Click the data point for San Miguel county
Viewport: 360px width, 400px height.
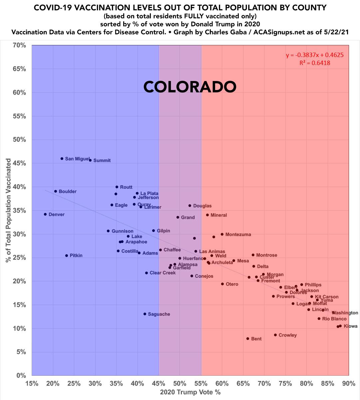pos(62,159)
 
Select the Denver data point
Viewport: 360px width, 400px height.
pos(45,214)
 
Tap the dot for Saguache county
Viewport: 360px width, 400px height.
pos(145,314)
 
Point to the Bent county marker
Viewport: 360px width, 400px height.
pos(248,339)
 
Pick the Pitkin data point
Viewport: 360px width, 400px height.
pos(67,256)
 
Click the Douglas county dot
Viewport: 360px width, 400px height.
pos(190,206)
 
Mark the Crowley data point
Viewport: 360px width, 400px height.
pos(275,335)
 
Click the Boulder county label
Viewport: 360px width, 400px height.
pos(68,192)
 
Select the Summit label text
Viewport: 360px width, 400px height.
pos(102,160)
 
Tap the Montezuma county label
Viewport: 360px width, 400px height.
pos(238,235)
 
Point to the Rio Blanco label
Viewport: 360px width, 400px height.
pos(334,319)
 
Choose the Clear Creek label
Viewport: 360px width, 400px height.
pos(163,273)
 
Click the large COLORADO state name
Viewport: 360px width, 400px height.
pos(190,87)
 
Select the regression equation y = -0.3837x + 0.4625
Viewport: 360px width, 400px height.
pos(315,55)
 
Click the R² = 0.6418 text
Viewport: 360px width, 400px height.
pos(315,63)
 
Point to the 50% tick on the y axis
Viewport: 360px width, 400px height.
pos(19,140)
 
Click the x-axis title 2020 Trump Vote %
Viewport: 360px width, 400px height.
pos(190,392)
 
